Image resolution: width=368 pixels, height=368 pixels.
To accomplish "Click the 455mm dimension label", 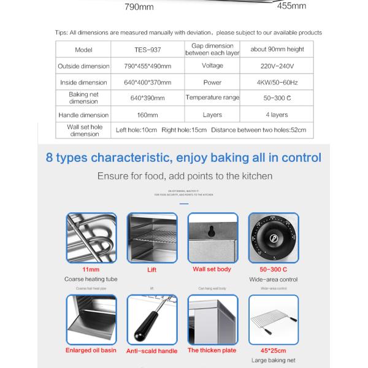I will pyautogui.click(x=292, y=6).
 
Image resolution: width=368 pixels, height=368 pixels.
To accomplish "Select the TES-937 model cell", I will pyautogui.click(x=147, y=50).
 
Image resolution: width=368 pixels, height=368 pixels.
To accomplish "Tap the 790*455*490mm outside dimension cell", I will pyautogui.click(x=147, y=66).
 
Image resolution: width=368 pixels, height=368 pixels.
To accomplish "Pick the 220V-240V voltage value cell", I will pyautogui.click(x=275, y=66).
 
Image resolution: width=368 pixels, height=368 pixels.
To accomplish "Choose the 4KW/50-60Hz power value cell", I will pyautogui.click(x=275, y=82).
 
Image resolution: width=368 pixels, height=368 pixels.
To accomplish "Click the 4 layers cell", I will pyautogui.click(x=275, y=115).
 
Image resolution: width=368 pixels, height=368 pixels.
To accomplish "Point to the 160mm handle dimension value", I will pyautogui.click(x=147, y=115).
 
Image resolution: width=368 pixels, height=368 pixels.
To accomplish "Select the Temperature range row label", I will pyautogui.click(x=212, y=98).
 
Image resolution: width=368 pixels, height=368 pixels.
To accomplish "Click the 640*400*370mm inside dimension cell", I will pyautogui.click(x=147, y=82).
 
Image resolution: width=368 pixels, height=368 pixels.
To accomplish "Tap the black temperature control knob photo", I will pyautogui.click(x=272, y=236).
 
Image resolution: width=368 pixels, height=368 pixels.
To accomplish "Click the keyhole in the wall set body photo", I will pyautogui.click(x=212, y=232).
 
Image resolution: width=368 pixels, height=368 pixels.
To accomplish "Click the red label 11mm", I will pyautogui.click(x=91, y=269).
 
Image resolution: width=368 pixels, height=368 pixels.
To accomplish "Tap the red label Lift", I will pyautogui.click(x=151, y=269).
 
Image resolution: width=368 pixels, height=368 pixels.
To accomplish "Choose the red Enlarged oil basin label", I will pyautogui.click(x=91, y=350).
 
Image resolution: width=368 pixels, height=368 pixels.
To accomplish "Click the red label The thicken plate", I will pyautogui.click(x=212, y=350).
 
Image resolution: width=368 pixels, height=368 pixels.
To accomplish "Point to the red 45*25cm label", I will pyautogui.click(x=272, y=350).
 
